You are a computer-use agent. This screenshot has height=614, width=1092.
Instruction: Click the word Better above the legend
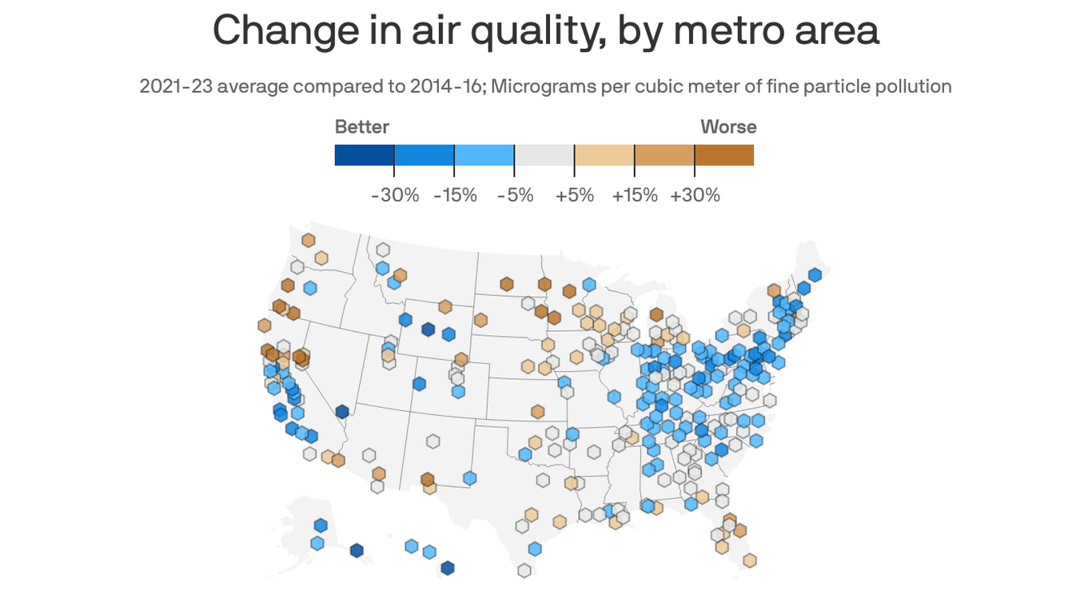[361, 127]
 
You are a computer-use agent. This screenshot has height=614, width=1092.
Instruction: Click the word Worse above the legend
[728, 127]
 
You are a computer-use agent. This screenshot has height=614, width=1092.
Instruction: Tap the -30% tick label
[395, 195]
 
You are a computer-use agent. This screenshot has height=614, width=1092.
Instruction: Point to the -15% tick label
[455, 195]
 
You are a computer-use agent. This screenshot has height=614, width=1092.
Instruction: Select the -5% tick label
[515, 195]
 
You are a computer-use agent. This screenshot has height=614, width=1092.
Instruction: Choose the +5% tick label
[575, 195]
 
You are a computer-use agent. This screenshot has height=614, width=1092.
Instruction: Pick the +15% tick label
[635, 195]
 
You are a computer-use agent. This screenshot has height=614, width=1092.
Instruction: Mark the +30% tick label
[695, 195]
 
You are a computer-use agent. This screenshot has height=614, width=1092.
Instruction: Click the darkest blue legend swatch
[364, 155]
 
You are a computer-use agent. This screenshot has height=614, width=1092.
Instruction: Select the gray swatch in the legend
[544, 155]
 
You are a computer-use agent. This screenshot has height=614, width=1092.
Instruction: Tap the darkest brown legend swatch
[724, 155]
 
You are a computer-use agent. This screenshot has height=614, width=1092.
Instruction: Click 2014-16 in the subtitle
[442, 86]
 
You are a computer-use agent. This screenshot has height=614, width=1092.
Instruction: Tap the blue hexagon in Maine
[815, 275]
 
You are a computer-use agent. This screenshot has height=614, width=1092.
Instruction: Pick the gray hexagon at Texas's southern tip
[524, 570]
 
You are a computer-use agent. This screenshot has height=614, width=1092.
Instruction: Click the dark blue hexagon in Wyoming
[428, 329]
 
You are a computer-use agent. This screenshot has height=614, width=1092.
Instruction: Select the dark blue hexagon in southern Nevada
[342, 412]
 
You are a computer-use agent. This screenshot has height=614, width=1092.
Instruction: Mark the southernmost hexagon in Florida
[750, 560]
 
